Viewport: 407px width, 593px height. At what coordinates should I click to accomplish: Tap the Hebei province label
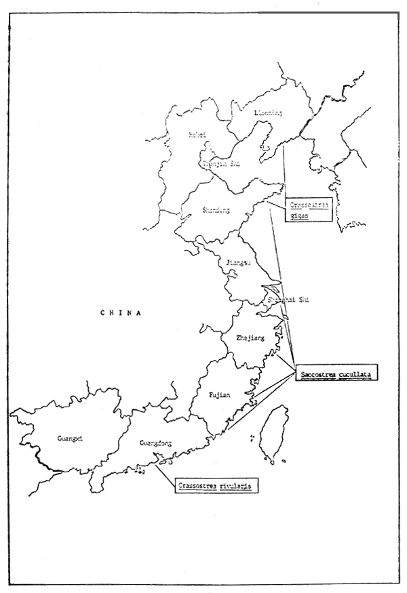click(x=197, y=134)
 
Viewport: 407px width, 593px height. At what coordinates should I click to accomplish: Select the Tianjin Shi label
click(x=220, y=163)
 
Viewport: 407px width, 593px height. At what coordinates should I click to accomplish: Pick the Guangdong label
click(x=155, y=443)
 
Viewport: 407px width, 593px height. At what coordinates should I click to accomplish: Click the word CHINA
click(x=119, y=313)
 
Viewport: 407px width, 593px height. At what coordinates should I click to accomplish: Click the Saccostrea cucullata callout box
click(x=336, y=372)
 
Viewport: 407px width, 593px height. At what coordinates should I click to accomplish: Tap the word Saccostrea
click(x=317, y=372)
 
